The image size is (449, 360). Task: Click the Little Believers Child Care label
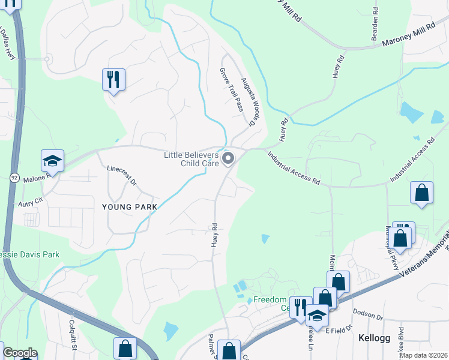tap(191, 159)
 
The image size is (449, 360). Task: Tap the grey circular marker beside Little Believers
tap(228, 158)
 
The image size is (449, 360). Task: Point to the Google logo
tap(19, 353)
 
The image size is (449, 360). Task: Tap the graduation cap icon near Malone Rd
tap(52, 161)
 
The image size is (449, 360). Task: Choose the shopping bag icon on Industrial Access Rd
tap(422, 193)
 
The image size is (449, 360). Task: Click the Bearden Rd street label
tap(375, 19)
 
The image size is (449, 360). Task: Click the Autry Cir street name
tap(31, 201)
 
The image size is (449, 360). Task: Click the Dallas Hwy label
tap(7, 43)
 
